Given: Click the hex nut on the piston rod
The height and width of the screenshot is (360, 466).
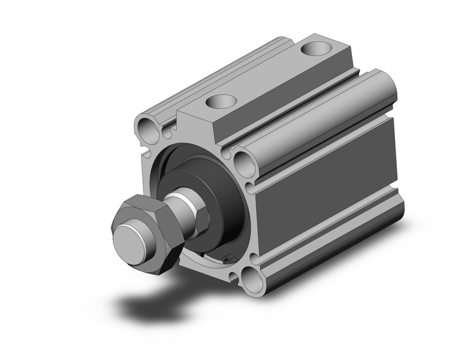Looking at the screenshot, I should point(142,233).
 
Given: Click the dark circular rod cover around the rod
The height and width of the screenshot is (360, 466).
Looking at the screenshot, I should point(212,184).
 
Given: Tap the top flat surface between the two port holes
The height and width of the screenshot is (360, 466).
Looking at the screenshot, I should point(270,74).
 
